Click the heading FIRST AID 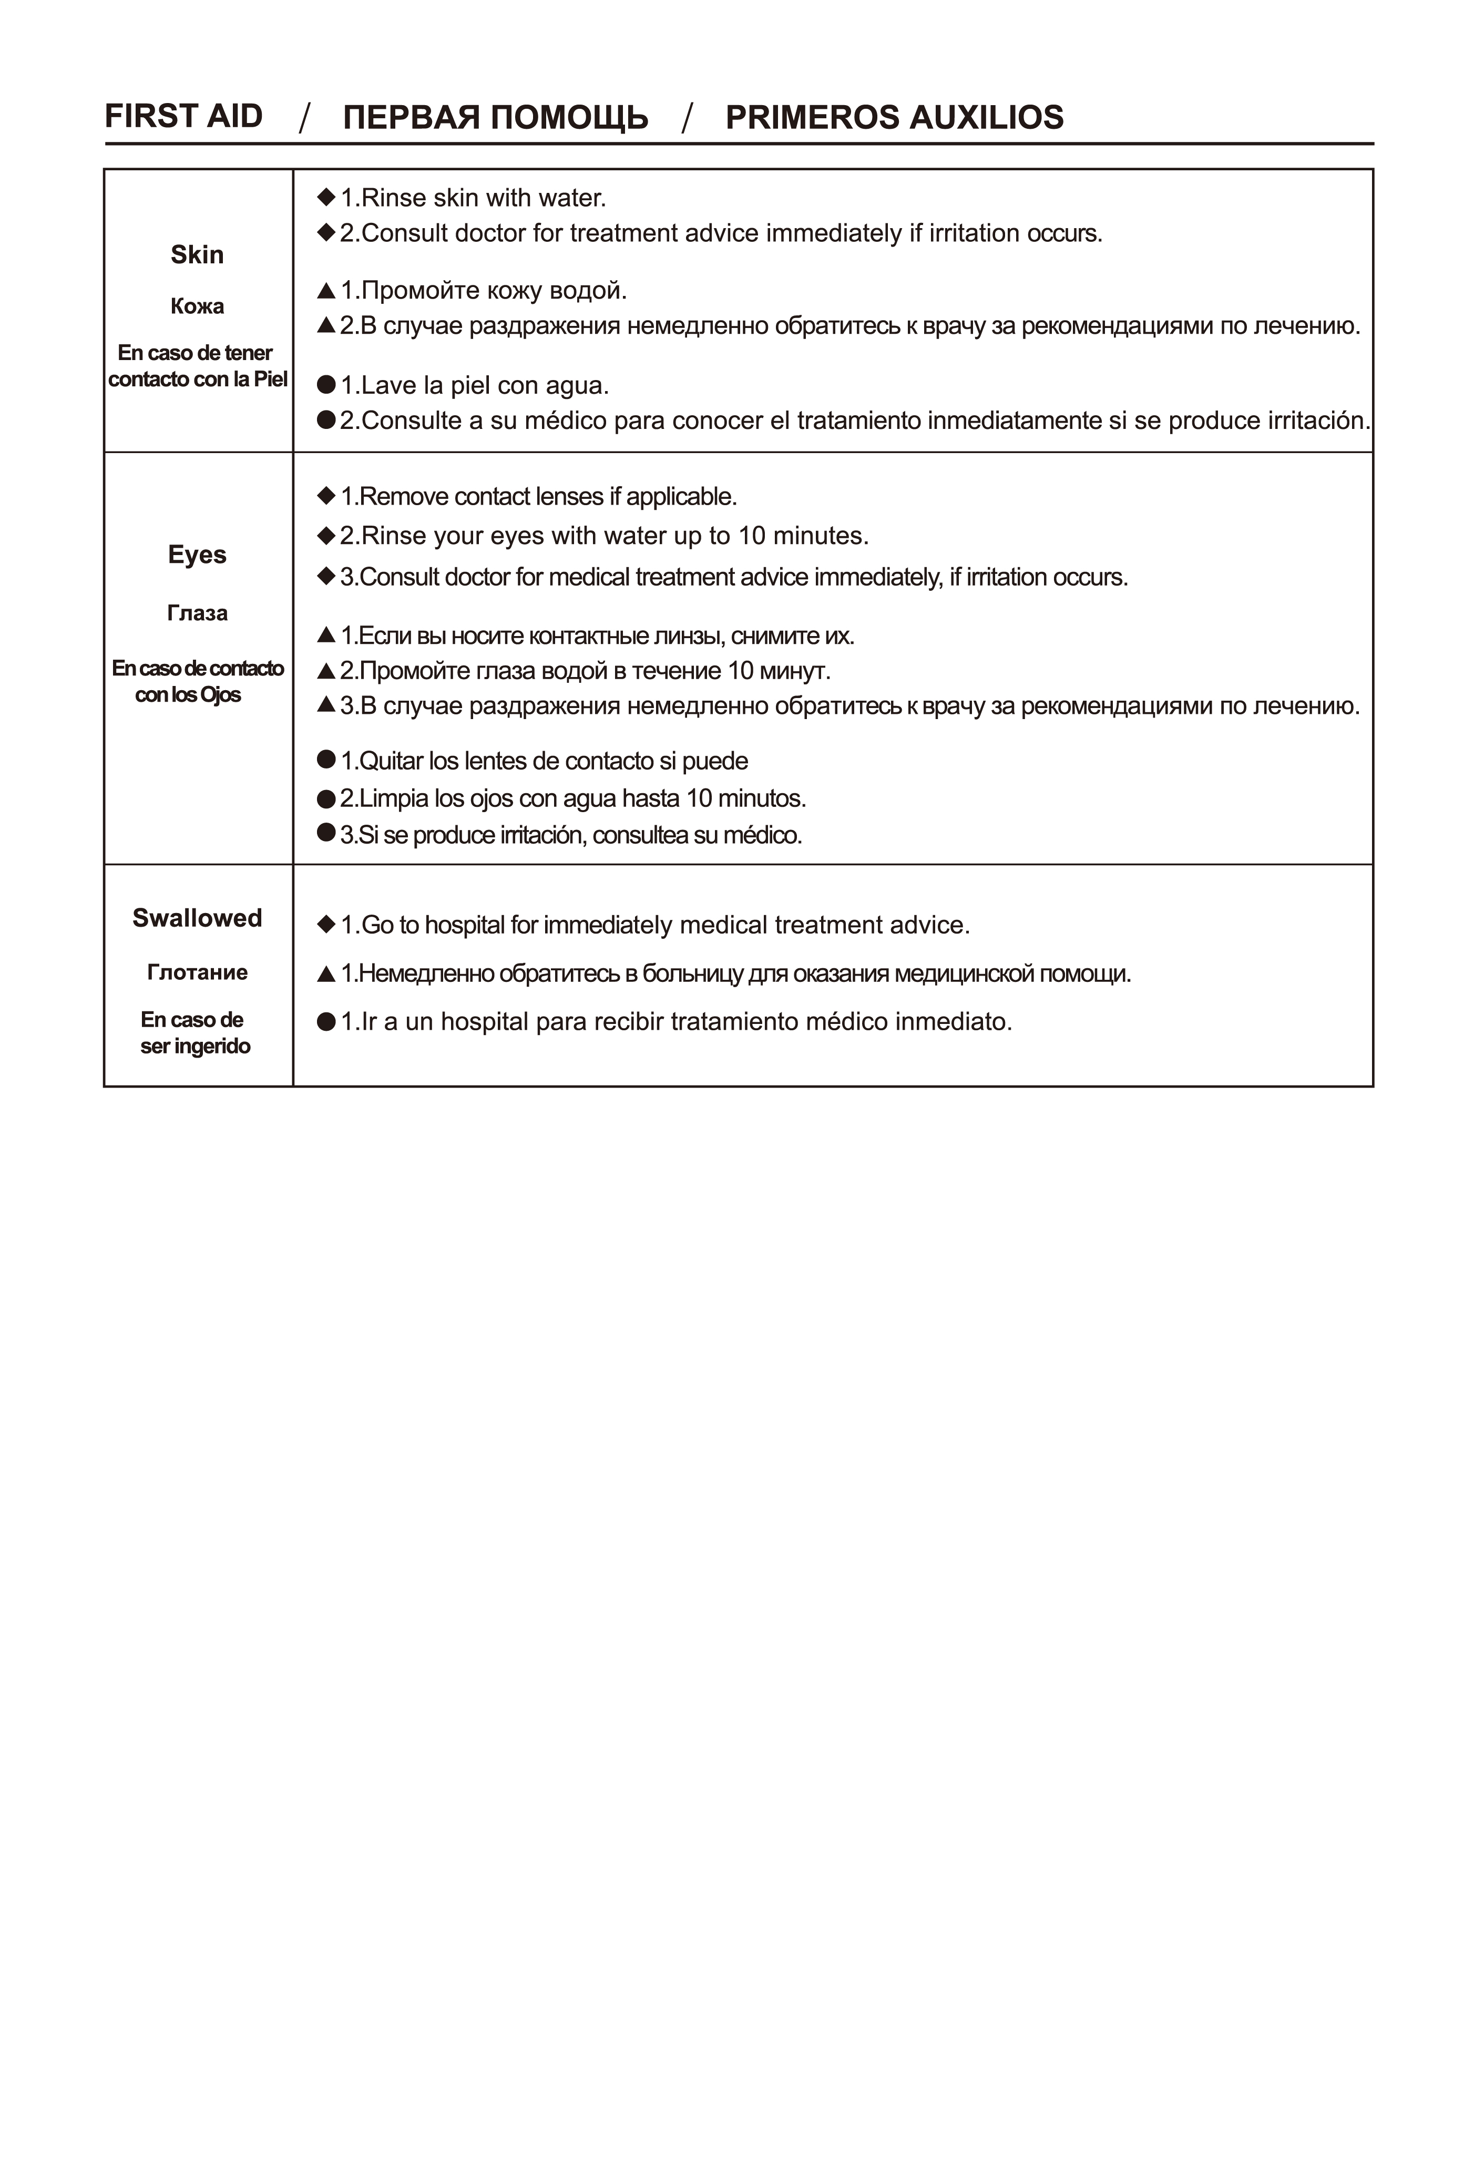click(x=183, y=116)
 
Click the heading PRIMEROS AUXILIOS click(x=894, y=117)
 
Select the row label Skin click(x=197, y=254)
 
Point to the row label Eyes click(x=197, y=555)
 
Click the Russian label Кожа click(x=197, y=306)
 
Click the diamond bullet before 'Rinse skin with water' click(x=326, y=197)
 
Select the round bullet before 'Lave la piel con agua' click(x=326, y=384)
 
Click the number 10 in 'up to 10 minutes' click(x=752, y=536)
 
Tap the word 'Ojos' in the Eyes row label click(x=220, y=695)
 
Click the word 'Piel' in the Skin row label click(x=270, y=378)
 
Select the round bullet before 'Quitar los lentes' click(x=326, y=759)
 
